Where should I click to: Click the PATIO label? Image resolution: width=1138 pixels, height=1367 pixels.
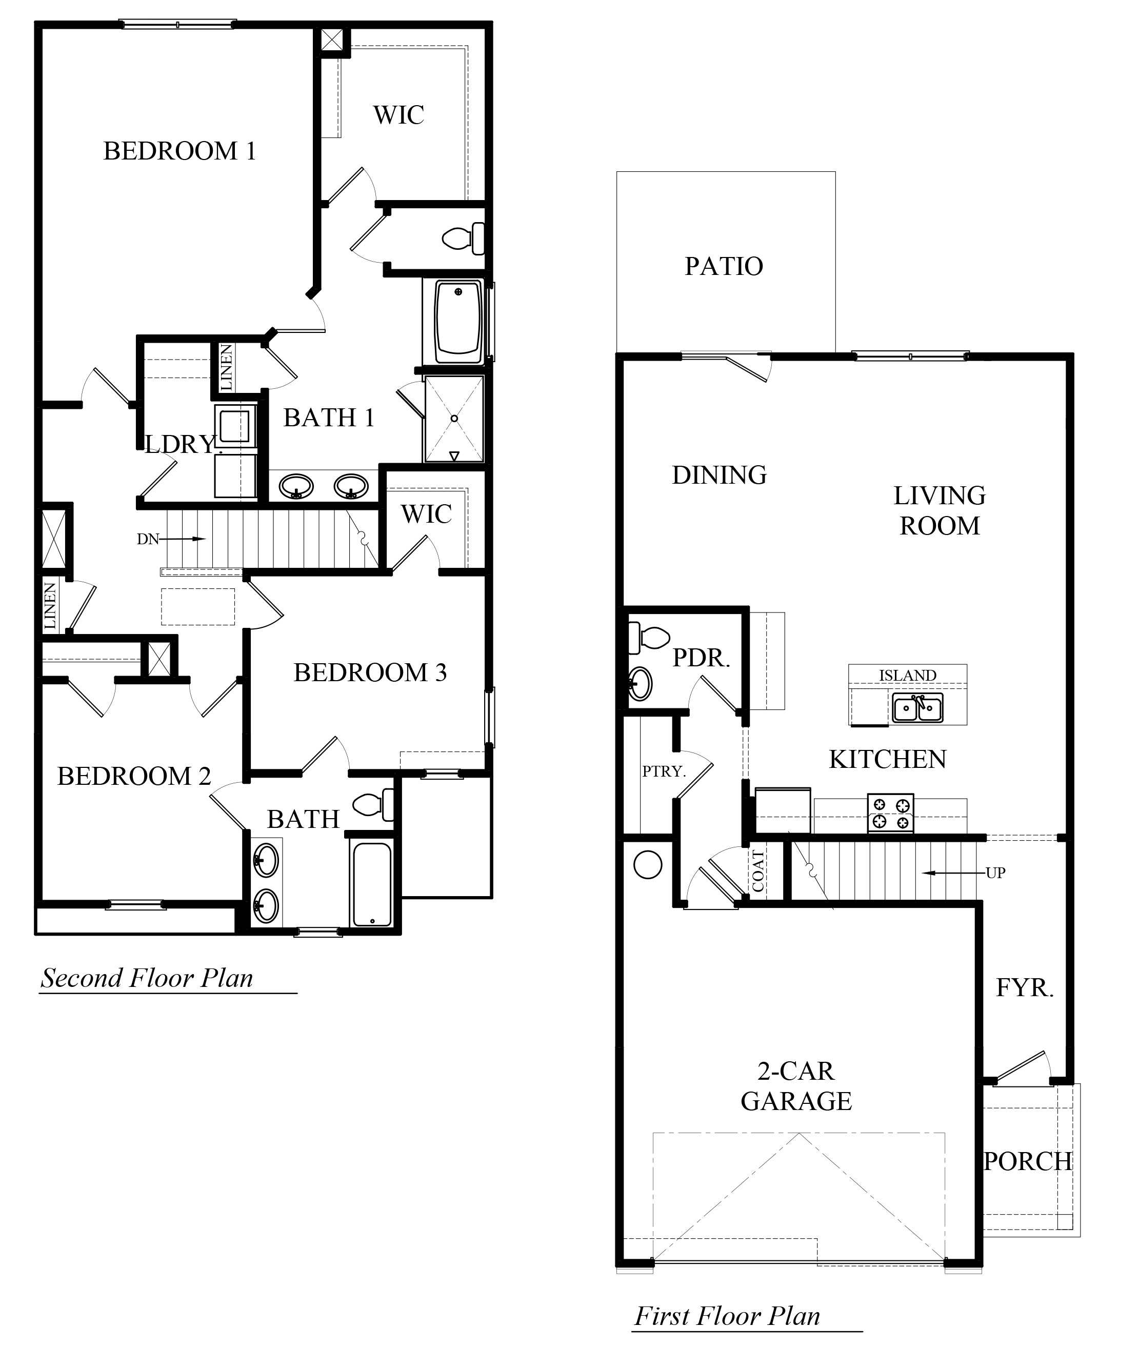pos(724,266)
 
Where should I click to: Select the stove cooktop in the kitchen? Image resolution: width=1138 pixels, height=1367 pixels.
pos(891,813)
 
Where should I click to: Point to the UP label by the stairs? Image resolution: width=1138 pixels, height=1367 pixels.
pos(995,873)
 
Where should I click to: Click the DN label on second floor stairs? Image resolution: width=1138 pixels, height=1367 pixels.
pos(148,539)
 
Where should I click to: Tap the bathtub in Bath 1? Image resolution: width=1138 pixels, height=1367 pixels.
pos(458,322)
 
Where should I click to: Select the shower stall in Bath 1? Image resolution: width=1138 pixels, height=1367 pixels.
pos(454,419)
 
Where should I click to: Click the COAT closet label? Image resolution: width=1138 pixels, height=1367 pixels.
pos(758,871)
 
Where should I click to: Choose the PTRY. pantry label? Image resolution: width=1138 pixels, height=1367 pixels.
pos(664,771)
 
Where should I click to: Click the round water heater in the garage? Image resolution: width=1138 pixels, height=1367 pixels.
pos(647,865)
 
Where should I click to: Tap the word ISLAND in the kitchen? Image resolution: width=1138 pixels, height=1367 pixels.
pos(908,675)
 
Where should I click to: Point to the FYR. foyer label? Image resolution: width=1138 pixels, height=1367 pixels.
pos(1024,988)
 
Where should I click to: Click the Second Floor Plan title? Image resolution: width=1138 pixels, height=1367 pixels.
pos(147,978)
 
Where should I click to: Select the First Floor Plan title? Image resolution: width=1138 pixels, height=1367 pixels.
pos(727,1316)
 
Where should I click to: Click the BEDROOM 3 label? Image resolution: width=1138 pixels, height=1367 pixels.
pos(370,672)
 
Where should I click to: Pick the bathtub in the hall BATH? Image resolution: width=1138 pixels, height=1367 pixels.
pos(371,883)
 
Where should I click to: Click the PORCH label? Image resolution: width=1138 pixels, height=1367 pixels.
pos(1027,1161)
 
